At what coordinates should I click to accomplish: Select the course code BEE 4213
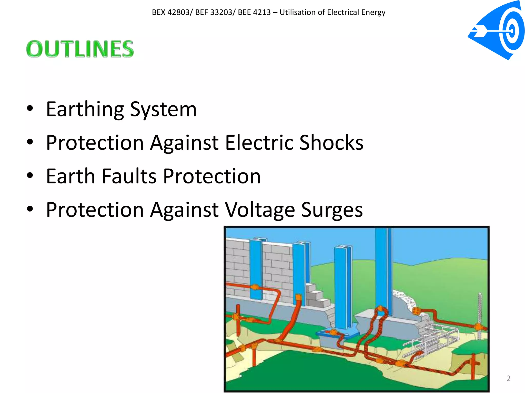[x=254, y=12]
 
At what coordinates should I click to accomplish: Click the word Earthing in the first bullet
[x=85, y=110]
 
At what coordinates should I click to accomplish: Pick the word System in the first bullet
[x=163, y=110]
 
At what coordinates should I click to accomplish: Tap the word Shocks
[x=331, y=143]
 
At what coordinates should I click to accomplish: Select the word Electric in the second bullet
[x=259, y=143]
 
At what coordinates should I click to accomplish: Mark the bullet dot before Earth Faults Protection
[x=30, y=176]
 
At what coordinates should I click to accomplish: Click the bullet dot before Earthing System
[x=30, y=108]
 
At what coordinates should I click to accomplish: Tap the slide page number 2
[x=508, y=378]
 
